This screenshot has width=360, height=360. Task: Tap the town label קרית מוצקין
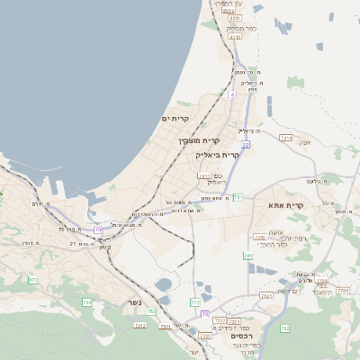click(x=199, y=140)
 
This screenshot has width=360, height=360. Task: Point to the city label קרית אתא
click(x=286, y=205)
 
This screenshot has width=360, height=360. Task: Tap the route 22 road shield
click(x=244, y=144)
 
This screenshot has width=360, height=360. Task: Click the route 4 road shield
click(x=231, y=94)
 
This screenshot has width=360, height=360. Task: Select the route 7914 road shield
click(x=286, y=138)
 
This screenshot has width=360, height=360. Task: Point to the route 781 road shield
click(x=238, y=196)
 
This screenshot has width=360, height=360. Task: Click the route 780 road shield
click(x=247, y=256)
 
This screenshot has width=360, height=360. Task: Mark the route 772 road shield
click(x=194, y=302)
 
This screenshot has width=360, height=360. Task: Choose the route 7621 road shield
click(x=265, y=295)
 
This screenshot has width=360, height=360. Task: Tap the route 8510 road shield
click(x=235, y=17)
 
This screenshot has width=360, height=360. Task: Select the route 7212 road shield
click(x=139, y=325)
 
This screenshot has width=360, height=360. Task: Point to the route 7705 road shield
click(x=258, y=238)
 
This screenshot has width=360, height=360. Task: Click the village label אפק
click(x=304, y=142)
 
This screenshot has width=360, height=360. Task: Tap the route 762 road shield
click(x=150, y=311)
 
